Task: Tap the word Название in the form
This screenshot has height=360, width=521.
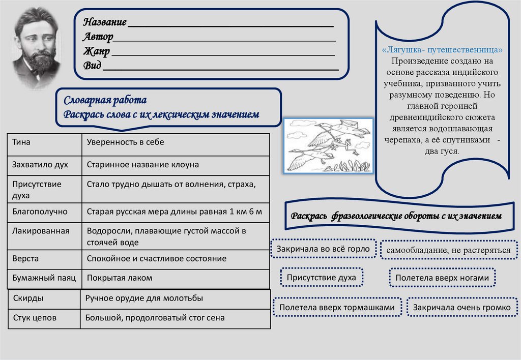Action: [x=105, y=22]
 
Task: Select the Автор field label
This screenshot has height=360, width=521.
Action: [x=98, y=37]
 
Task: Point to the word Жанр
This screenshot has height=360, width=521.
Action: [x=96, y=51]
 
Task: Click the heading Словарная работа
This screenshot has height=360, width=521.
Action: [x=105, y=100]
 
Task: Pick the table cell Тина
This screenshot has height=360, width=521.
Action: [x=21, y=142]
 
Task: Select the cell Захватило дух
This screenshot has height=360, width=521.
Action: [x=40, y=165]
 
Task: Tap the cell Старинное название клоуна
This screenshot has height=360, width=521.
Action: [x=143, y=165]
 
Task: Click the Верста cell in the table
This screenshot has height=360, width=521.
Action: [x=25, y=258]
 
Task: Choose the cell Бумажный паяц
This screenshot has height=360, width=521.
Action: [x=44, y=278]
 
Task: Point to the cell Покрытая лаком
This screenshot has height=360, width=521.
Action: [x=120, y=278]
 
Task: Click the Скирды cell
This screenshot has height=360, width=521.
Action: [x=28, y=298]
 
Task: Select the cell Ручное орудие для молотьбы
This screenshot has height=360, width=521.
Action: [x=144, y=298]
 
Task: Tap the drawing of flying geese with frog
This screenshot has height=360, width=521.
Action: [x=328, y=145]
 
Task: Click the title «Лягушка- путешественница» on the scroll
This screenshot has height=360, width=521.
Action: [x=442, y=50]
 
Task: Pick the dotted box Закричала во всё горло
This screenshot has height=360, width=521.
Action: [x=323, y=249]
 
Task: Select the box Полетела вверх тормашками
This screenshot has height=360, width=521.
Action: [x=337, y=308]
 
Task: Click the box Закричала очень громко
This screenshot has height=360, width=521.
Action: [x=461, y=308]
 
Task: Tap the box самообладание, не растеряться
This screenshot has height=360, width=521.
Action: [x=448, y=250]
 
